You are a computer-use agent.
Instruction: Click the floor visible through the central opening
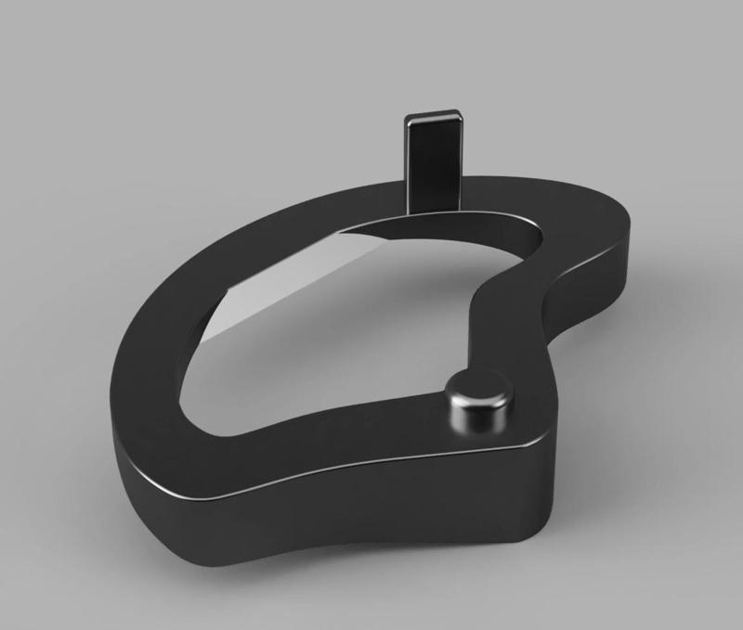click(x=344, y=353)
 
